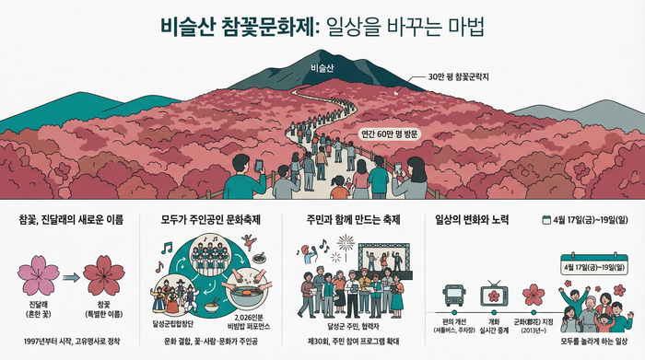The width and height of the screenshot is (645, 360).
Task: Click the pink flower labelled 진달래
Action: [38, 269]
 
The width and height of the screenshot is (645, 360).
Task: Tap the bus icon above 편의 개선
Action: [454, 295]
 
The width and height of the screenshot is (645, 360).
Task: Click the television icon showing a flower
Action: [494, 296]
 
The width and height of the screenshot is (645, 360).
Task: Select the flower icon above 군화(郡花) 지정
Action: [533, 295]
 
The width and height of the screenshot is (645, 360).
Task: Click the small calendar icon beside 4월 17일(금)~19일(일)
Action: [546, 220]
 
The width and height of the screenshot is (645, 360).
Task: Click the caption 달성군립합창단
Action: [175, 323]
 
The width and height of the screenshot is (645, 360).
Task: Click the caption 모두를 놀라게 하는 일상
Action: [593, 340]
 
